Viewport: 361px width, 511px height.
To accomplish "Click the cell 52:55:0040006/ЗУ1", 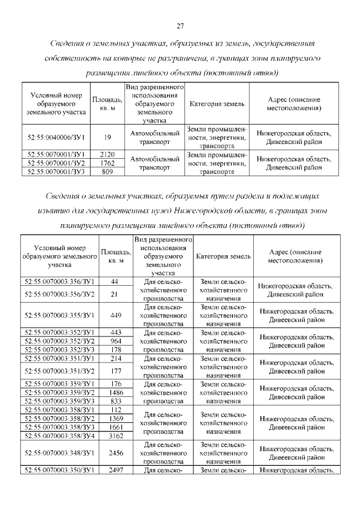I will pyautogui.click(x=56, y=137).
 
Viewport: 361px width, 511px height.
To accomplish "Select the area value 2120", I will pyautogui.click(x=107, y=154).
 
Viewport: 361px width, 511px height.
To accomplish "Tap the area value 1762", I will pyautogui.click(x=107, y=163).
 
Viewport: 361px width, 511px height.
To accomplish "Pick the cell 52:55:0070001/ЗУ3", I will pyautogui.click(x=56, y=171).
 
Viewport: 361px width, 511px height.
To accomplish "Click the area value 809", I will pyautogui.click(x=107, y=171).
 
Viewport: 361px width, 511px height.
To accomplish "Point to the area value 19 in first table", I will pyautogui.click(x=107, y=137).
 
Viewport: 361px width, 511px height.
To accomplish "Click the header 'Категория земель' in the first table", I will pyautogui.click(x=217, y=104).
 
